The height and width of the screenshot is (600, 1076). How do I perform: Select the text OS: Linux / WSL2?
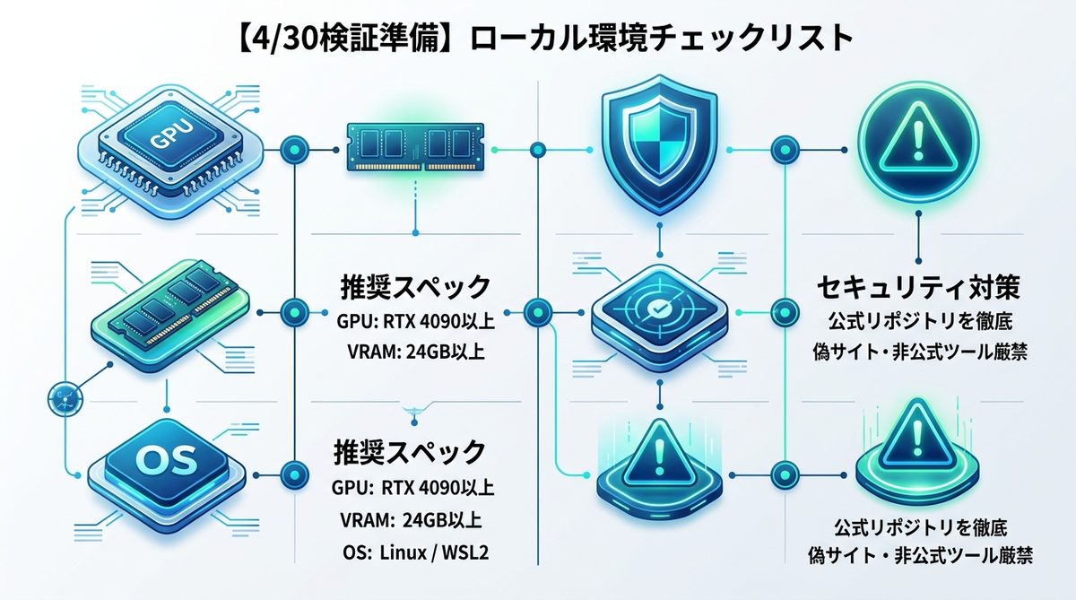tap(414, 550)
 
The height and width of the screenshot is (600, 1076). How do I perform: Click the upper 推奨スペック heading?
tap(414, 288)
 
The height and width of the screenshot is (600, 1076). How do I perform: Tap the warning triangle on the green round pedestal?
tap(915, 439)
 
